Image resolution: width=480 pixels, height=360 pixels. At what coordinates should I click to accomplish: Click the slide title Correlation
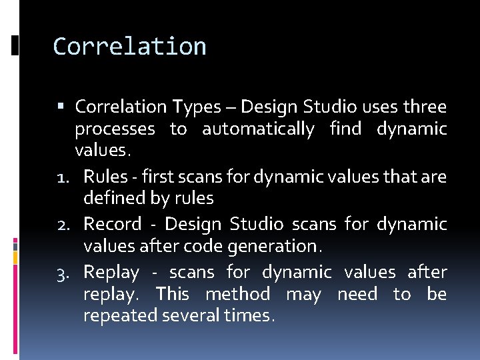tap(129, 47)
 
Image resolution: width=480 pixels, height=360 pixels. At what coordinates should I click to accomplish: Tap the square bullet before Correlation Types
tap(61, 107)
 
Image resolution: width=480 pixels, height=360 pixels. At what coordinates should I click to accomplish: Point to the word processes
tap(115, 129)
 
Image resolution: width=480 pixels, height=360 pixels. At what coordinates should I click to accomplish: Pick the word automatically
tap(258, 129)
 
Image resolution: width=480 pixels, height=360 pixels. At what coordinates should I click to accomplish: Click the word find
tap(347, 129)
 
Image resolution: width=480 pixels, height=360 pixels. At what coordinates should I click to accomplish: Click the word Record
tap(112, 224)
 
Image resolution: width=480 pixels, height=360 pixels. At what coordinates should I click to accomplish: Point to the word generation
tap(279, 247)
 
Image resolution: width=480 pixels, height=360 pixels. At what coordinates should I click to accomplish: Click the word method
tap(237, 294)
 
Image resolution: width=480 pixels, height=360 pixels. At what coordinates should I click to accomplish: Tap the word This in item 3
tap(173, 294)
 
